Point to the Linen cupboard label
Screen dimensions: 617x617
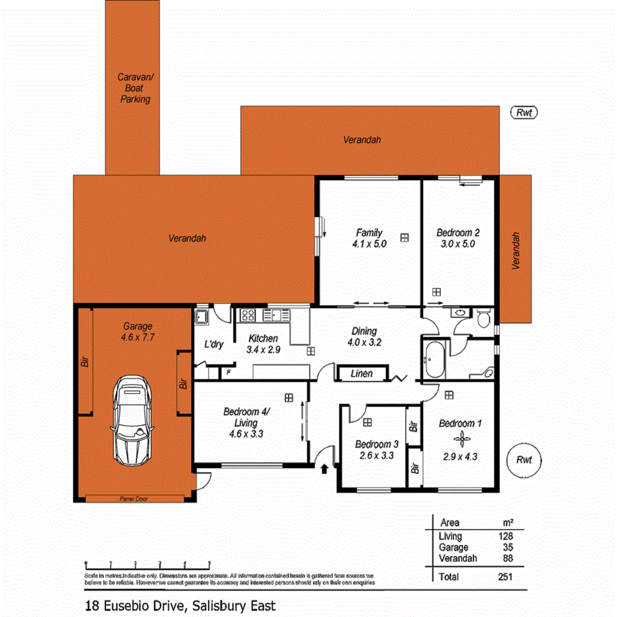pyautogui.click(x=361, y=374)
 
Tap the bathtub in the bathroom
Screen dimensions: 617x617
pyautogui.click(x=435, y=360)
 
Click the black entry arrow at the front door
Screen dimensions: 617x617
pyautogui.click(x=324, y=469)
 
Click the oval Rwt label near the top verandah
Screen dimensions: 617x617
pyautogui.click(x=524, y=113)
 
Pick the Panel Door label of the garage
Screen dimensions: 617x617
pyautogui.click(x=133, y=498)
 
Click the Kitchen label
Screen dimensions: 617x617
pyautogui.click(x=263, y=338)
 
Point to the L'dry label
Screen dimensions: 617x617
pyautogui.click(x=213, y=345)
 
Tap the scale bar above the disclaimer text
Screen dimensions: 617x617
pyautogui.click(x=148, y=564)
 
